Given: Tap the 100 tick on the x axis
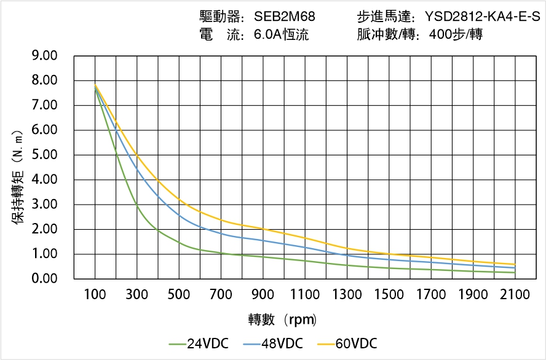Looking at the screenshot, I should [x=95, y=295].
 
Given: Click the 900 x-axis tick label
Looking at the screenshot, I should [x=263, y=295].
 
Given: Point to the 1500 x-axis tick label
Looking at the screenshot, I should [x=389, y=295].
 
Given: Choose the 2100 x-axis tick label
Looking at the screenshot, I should [x=515, y=295].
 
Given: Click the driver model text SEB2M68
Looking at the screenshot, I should [x=284, y=17].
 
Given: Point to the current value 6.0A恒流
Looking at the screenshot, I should [x=281, y=35].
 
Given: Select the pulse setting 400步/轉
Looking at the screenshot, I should [x=456, y=35].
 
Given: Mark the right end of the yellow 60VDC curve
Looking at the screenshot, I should [x=515, y=264].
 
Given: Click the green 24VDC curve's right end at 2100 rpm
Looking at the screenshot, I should [x=515, y=273].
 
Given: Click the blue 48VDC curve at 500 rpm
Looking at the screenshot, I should [x=179, y=214].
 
